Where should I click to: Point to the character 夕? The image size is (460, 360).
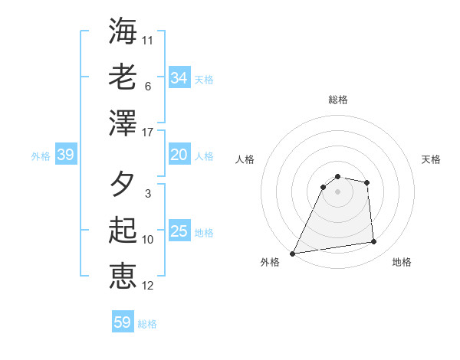[123, 185]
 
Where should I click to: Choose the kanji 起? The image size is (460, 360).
[123, 230]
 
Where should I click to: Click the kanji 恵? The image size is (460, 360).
[123, 277]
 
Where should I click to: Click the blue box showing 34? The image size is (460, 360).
[179, 78]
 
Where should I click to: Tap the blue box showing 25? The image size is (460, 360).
[179, 232]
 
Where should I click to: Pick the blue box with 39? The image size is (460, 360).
[66, 155]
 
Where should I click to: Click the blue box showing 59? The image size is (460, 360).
[123, 322]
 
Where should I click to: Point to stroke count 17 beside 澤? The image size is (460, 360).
[148, 133]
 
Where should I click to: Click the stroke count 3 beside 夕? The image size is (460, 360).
[148, 194]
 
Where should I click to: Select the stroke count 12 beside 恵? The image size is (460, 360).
[148, 286]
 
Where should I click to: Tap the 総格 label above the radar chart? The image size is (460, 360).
[337, 100]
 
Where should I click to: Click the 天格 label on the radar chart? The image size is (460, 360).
[431, 159]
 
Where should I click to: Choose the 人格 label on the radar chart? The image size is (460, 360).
[245, 159]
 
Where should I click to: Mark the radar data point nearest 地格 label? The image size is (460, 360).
[374, 242]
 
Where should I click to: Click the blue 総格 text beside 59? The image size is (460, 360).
[148, 324]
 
